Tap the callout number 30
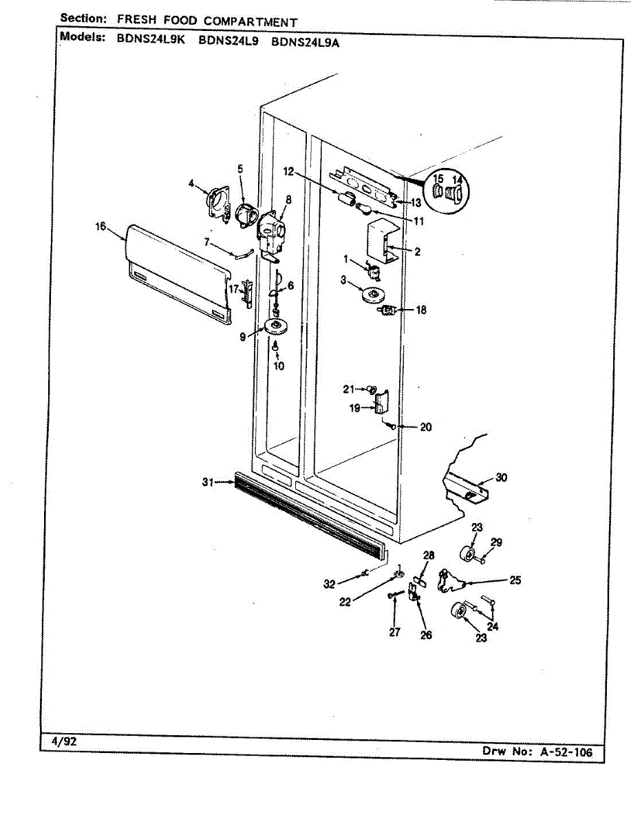[501, 478]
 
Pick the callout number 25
[515, 580]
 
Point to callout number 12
[288, 171]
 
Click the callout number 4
[192, 183]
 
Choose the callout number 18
[420, 310]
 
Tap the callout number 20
[425, 427]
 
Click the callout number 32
[330, 584]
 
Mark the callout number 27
[394, 633]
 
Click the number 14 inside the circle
[458, 181]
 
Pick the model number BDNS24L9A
[306, 40]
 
